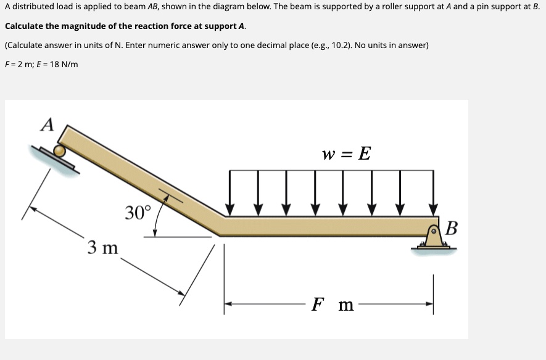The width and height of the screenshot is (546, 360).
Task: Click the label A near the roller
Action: [x=48, y=125]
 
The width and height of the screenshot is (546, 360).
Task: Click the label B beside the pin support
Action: [x=451, y=228]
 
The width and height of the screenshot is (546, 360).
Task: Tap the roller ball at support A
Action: [x=60, y=151]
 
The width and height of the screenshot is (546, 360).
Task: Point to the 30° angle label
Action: [x=139, y=212]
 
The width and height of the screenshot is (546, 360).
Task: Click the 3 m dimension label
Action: [x=103, y=247]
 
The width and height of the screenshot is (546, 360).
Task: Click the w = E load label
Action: [x=347, y=153]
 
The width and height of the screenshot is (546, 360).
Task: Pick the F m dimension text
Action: [x=333, y=304]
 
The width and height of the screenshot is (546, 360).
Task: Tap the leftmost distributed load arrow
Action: [x=230, y=193]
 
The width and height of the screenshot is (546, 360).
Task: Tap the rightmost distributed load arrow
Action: [x=434, y=193]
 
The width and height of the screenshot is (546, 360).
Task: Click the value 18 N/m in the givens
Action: [x=64, y=64]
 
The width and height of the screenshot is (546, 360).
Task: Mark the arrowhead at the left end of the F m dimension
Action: [x=228, y=304]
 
